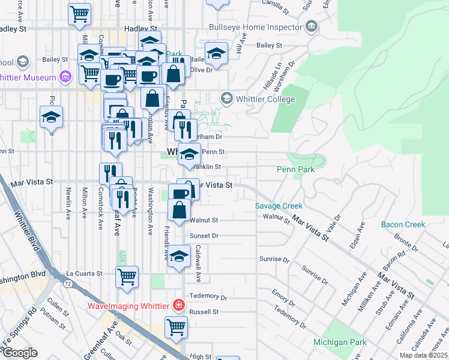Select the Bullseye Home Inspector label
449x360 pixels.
point(255,28)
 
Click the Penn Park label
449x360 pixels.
point(295,170)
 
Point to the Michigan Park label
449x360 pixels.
point(340,342)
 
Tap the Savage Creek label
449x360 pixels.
point(279,206)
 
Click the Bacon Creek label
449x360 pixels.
point(403,224)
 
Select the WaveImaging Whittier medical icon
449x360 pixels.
point(178,305)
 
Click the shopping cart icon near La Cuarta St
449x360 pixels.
point(127,276)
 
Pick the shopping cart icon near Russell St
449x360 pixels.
point(176,327)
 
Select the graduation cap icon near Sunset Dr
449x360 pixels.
point(179,255)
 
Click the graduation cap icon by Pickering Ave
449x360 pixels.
point(52,116)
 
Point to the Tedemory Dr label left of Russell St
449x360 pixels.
point(208,297)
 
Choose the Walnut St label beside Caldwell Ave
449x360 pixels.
point(203,221)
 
